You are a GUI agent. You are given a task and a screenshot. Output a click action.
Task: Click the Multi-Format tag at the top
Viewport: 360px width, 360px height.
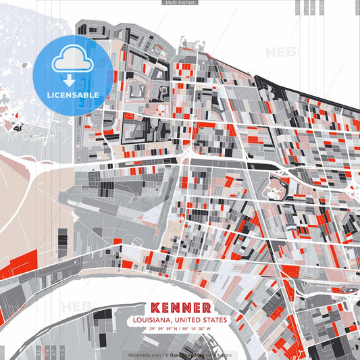pyautogui.click(x=179, y=3)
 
